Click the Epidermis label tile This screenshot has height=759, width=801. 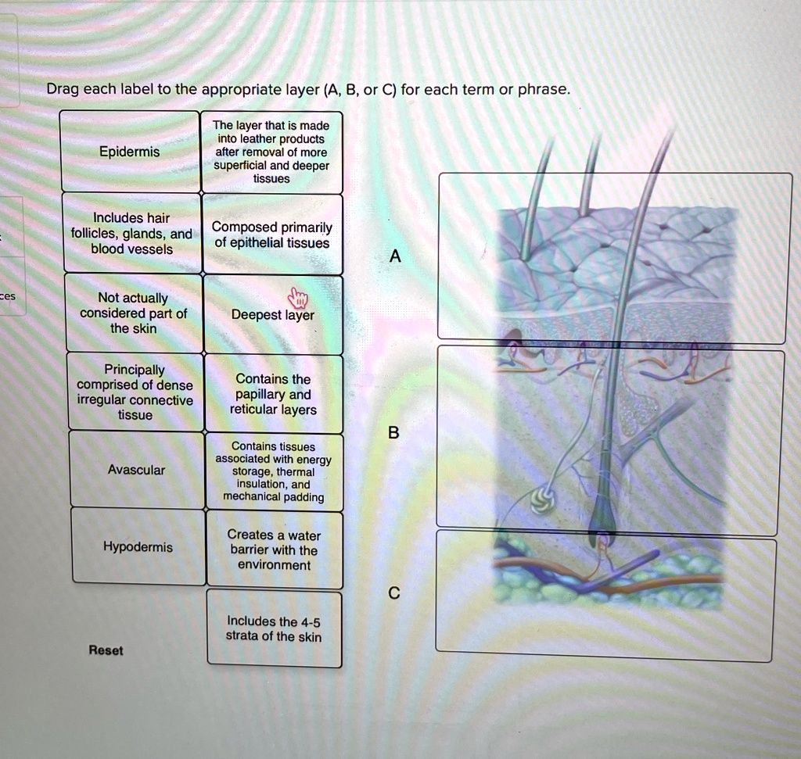coord(130,152)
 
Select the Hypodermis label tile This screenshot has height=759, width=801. coord(138,547)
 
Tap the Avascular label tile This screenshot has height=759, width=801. coord(137,470)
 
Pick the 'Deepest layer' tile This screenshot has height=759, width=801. coord(273,316)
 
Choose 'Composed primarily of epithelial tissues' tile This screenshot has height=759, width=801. coord(272,235)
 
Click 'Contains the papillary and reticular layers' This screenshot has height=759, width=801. coord(273,395)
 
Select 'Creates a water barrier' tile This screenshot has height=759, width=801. coord(274,550)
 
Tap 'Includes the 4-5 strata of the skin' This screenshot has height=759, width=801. coord(274,629)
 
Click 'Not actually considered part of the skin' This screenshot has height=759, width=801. coord(133,313)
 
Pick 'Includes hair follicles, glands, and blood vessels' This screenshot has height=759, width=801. coord(131,233)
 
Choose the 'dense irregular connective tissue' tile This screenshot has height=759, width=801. coord(135,392)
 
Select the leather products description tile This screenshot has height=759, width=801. coord(271,152)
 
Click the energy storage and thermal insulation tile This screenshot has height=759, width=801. coord(273,471)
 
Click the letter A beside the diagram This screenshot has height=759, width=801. coord(395,256)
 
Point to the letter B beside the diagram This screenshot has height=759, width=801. coord(393,433)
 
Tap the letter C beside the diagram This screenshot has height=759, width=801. coord(394,594)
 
